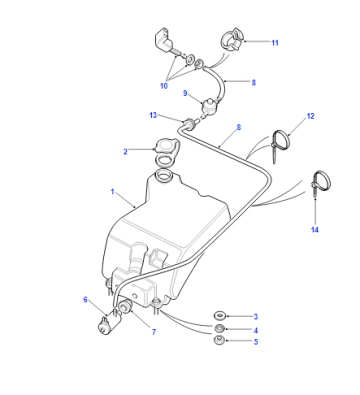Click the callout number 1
pos(113,192)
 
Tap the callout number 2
pos(125,152)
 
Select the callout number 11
pos(275,43)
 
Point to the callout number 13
pos(153,115)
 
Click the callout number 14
pos(315,230)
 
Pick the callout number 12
pos(310,116)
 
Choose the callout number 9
pos(185,93)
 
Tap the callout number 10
pos(164,86)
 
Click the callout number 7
pos(154,332)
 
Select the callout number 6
pos(85,300)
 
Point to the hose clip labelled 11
pos(233,39)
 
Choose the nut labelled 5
pos(219,341)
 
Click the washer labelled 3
pos(219,315)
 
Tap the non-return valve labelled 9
pos(210,105)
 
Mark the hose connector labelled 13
pos(191,123)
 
